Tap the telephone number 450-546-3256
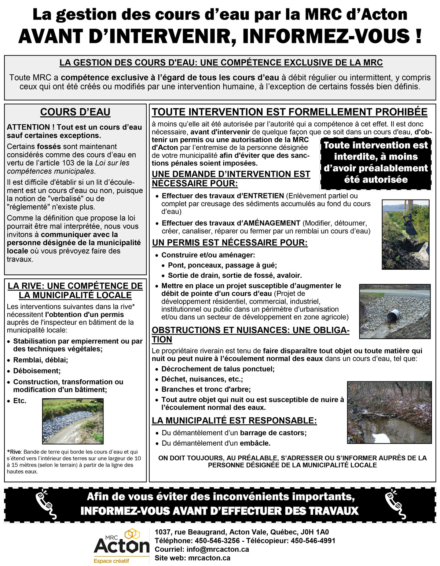(x=217, y=541)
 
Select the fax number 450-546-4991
(x=313, y=541)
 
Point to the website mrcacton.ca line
(x=192, y=558)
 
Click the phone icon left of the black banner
(x=46, y=505)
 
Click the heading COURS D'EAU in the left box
(x=75, y=112)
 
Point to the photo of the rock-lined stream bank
(x=73, y=421)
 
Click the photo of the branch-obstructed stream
(x=389, y=412)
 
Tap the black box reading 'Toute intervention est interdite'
(x=375, y=163)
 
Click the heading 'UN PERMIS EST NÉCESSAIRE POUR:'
(x=230, y=243)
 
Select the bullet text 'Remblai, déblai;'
(x=41, y=360)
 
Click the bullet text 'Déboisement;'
(x=37, y=371)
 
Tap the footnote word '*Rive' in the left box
(x=14, y=452)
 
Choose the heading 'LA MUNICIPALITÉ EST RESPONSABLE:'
(x=234, y=421)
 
